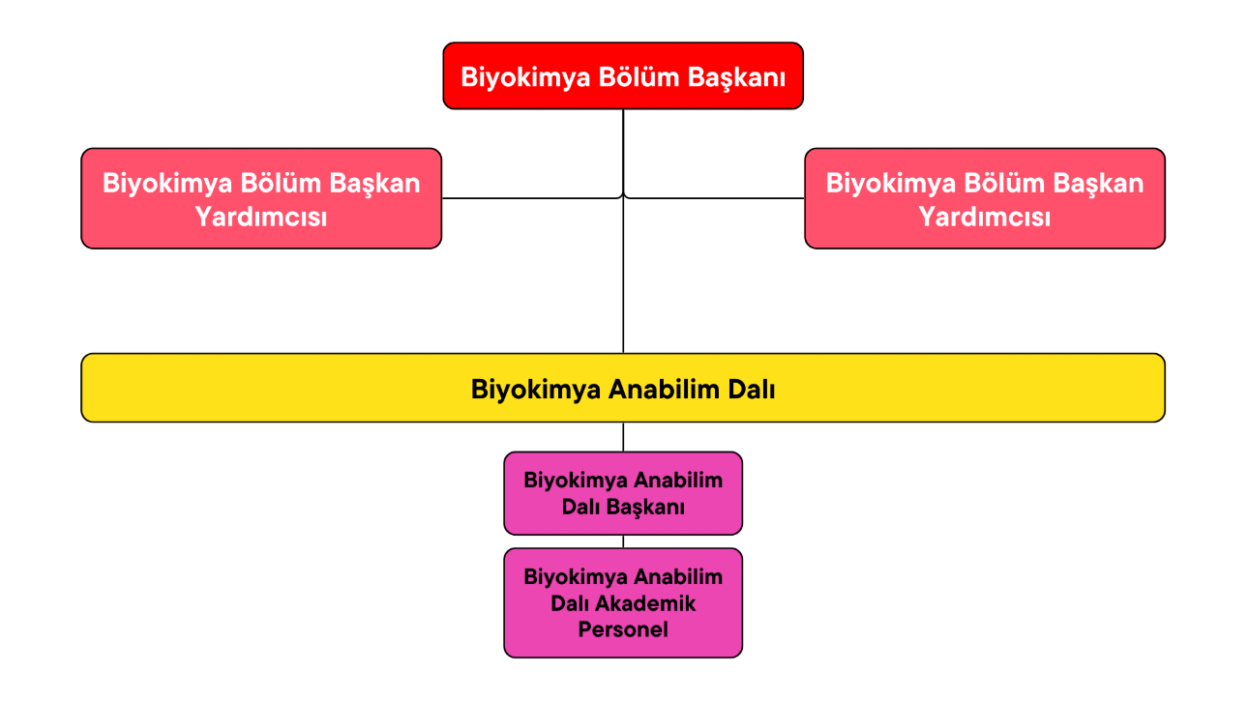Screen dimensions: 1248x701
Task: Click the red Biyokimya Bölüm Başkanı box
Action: pos(623,75)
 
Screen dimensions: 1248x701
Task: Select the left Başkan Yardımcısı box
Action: pos(261,198)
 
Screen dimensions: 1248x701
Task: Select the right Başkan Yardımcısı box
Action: pos(985,198)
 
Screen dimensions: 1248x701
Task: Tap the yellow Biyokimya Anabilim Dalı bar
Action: pos(623,388)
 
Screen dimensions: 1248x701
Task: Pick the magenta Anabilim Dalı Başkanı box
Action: pos(623,493)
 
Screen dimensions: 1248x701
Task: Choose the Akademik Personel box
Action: pos(623,603)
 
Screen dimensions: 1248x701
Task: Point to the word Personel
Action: pos(623,629)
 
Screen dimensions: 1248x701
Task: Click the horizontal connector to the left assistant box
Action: pos(532,197)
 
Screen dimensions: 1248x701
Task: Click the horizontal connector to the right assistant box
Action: pos(714,197)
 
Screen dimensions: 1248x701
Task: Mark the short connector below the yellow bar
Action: pos(623,437)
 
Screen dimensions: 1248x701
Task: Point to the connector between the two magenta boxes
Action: pos(623,541)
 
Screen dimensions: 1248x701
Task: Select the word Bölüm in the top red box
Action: pos(639,76)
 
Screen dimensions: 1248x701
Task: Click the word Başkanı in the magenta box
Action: pos(645,508)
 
